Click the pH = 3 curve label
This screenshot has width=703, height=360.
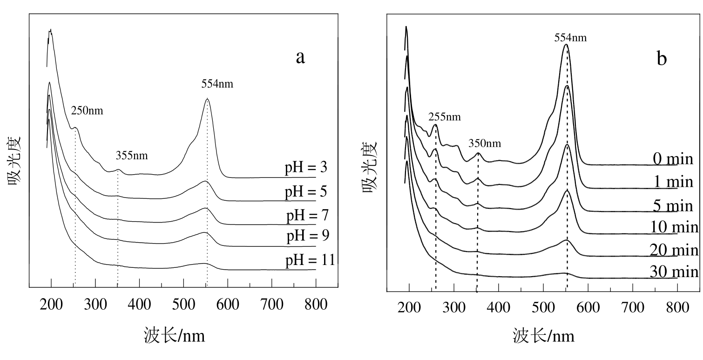[305, 168]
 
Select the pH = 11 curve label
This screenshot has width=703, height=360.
[310, 259]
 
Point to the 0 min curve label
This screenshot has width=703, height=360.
[673, 159]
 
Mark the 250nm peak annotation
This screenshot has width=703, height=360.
[87, 111]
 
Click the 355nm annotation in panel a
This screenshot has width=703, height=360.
[132, 156]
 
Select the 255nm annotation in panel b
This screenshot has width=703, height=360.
[445, 116]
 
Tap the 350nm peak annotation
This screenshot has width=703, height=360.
[485, 143]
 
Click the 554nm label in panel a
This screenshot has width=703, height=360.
[217, 84]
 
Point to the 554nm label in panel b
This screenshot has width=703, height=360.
[570, 37]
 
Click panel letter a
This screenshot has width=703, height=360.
[300, 57]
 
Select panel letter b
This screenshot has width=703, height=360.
[662, 58]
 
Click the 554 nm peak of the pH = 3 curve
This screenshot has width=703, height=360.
[207, 99]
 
